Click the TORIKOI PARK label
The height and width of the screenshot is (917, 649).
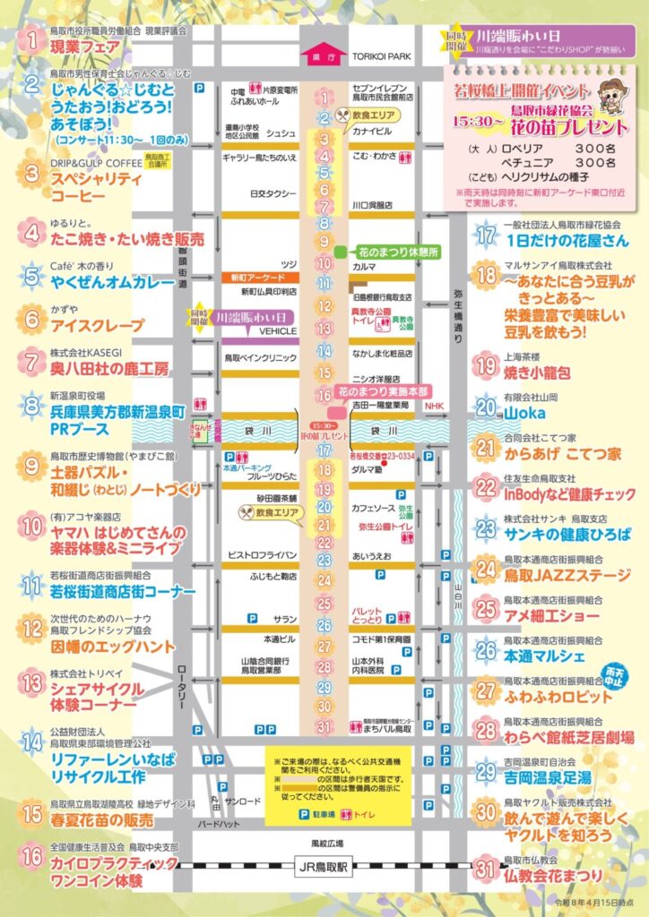coord(380,56)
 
